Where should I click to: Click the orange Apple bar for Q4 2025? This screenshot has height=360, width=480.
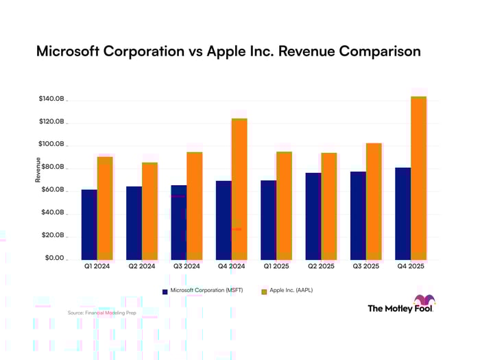point(418,178)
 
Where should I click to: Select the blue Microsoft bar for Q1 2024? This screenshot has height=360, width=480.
point(89,224)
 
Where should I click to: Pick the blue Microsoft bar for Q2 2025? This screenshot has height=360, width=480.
point(313,216)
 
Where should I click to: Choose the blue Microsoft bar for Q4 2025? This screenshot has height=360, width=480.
point(403,213)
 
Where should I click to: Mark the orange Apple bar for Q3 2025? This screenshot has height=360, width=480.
point(374,201)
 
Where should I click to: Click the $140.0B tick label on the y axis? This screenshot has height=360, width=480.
point(51,99)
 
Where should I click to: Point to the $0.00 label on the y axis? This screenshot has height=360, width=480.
point(54,259)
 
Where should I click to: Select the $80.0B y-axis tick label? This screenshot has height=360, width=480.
point(53,167)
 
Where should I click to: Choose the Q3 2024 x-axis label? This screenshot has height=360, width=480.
point(186,266)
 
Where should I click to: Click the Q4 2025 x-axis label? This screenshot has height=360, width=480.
point(410,266)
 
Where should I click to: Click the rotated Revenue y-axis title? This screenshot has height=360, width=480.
point(38,169)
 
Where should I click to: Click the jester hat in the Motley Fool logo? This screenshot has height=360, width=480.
point(424,300)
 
